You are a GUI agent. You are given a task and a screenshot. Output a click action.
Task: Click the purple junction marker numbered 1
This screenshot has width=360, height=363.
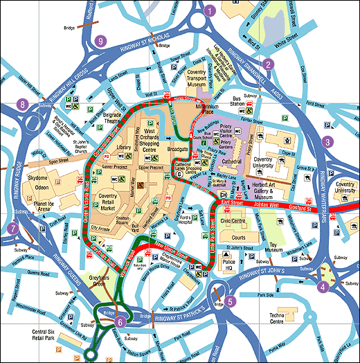[210, 10]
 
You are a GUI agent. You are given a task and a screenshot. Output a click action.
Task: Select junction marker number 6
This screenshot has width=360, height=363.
[120, 321]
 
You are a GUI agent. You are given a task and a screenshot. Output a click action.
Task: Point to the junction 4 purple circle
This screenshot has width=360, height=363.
[322, 284]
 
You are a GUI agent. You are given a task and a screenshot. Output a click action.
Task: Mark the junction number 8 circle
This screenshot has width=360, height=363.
[24, 105]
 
